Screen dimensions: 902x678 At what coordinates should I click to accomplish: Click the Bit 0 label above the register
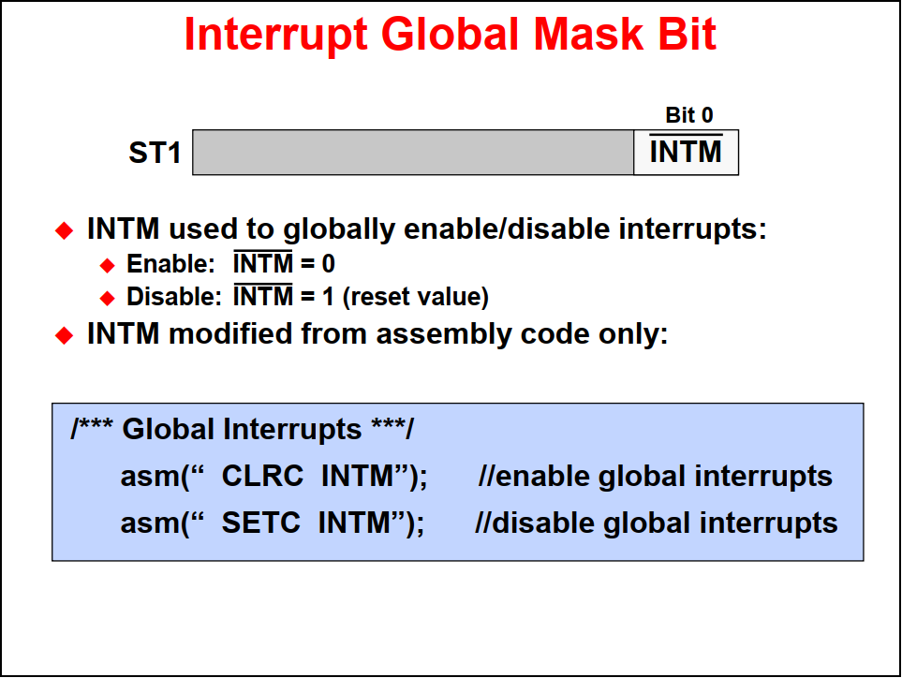pyautogui.click(x=689, y=115)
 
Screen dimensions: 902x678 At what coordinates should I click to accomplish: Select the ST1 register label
pyautogui.click(x=155, y=153)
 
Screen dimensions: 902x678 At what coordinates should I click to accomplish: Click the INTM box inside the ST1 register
pyautogui.click(x=686, y=153)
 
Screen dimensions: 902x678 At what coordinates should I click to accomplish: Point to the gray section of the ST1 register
pyautogui.click(x=413, y=153)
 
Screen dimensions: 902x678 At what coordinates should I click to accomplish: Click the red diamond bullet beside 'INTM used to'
pyautogui.click(x=65, y=230)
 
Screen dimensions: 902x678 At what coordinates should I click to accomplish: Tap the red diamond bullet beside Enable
pyautogui.click(x=108, y=265)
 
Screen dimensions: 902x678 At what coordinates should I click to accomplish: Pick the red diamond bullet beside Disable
pyautogui.click(x=108, y=298)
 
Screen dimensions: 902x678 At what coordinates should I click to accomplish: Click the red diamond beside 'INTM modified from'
pyautogui.click(x=65, y=335)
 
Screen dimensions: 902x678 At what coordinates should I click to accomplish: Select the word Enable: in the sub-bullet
pyautogui.click(x=170, y=264)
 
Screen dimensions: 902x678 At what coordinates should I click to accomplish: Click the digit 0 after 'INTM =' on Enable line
pyautogui.click(x=329, y=264)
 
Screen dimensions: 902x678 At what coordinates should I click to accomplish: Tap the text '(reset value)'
pyautogui.click(x=415, y=297)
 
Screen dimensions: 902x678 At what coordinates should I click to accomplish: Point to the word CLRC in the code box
pyautogui.click(x=262, y=476)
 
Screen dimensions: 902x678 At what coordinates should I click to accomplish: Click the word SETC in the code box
pyautogui.click(x=261, y=523)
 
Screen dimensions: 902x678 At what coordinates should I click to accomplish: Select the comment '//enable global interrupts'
pyautogui.click(x=656, y=477)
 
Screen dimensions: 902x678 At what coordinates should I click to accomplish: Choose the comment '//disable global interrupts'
pyautogui.click(x=657, y=523)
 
